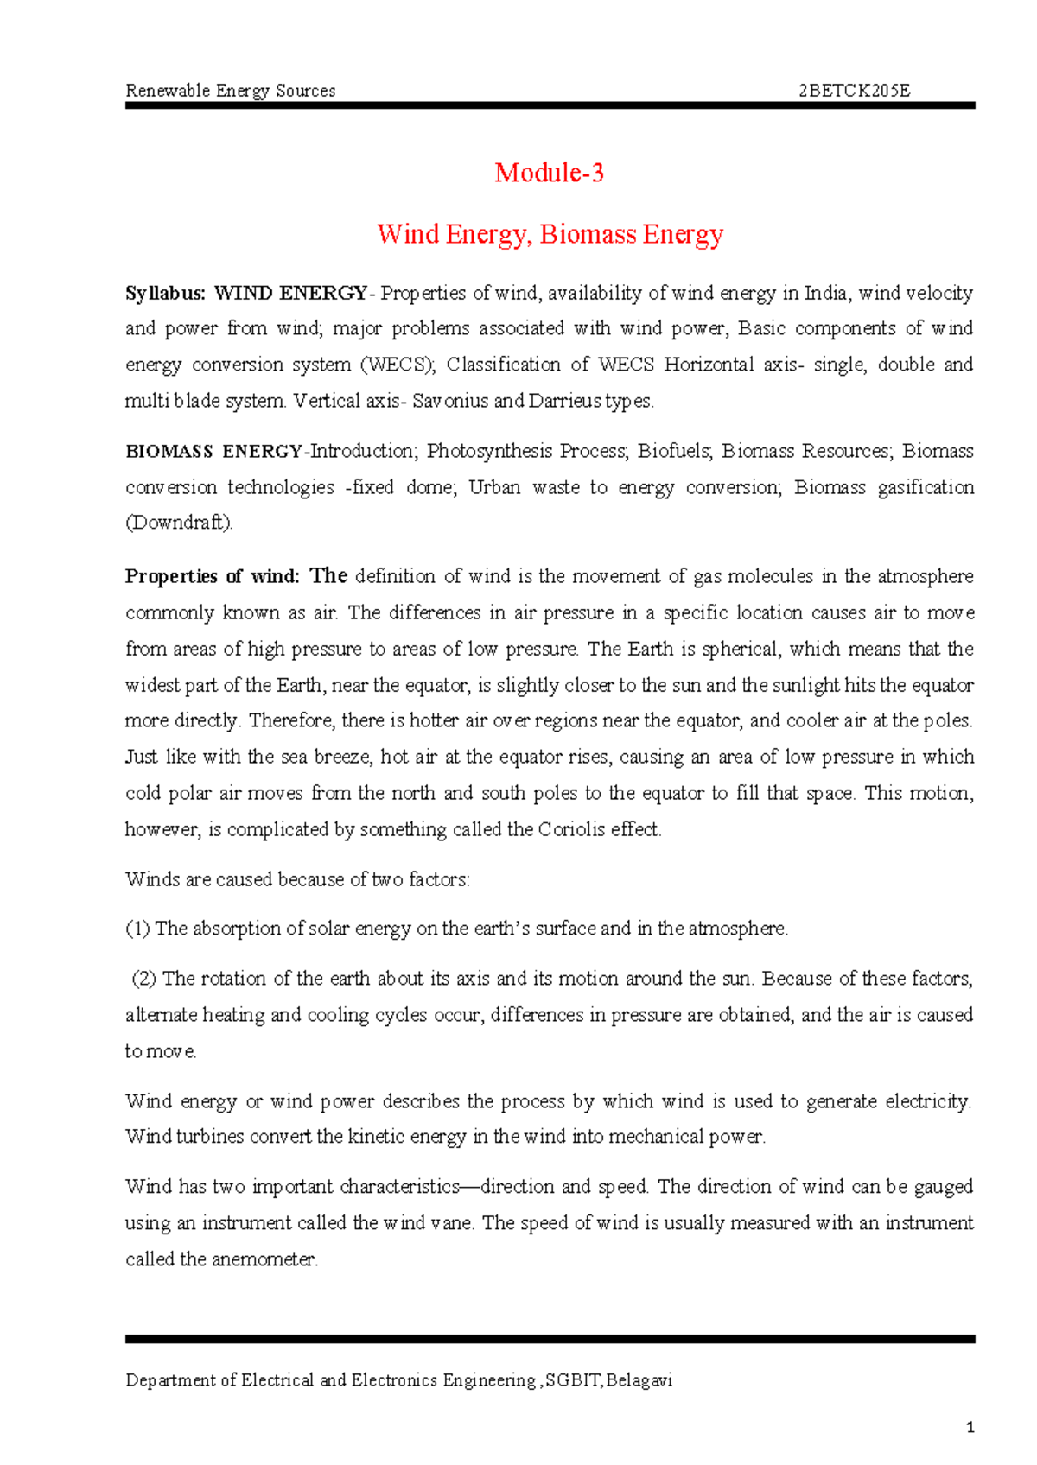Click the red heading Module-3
point(549,173)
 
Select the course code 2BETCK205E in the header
point(854,91)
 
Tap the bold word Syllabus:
point(166,294)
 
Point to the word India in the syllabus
point(826,294)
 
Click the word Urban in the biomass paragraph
point(494,487)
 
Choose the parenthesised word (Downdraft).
point(179,523)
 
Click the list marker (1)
point(137,929)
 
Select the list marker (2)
point(143,979)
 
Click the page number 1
point(970,1428)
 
